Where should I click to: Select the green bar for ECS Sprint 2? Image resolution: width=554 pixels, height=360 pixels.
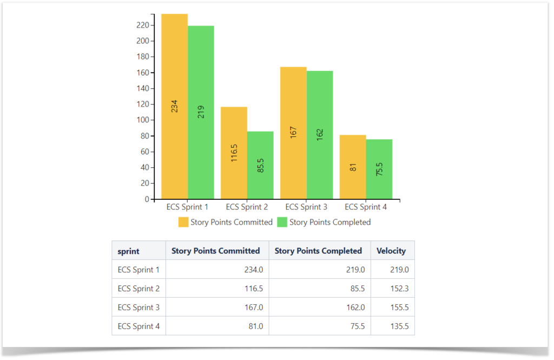click(x=260, y=165)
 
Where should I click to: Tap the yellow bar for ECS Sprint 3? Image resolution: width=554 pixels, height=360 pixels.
click(x=293, y=133)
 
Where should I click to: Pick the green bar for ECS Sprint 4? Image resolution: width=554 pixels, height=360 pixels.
click(x=379, y=169)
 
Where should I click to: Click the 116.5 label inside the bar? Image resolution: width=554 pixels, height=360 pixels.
click(x=234, y=153)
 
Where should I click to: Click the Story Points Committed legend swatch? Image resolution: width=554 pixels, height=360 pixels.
click(x=183, y=222)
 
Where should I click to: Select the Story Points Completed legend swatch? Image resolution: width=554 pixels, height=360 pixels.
click(x=282, y=222)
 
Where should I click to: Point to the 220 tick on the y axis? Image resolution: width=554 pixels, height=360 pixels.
click(x=142, y=25)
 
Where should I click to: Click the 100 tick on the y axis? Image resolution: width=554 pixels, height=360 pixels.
click(x=142, y=120)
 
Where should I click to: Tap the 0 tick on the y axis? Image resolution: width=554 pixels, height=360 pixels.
click(x=146, y=199)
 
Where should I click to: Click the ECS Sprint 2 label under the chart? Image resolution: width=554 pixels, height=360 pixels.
click(x=247, y=207)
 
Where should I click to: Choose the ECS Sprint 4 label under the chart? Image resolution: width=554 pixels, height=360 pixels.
click(x=366, y=207)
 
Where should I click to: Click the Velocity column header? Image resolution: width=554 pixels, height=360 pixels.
click(x=391, y=251)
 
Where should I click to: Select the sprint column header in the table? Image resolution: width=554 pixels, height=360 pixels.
click(x=128, y=251)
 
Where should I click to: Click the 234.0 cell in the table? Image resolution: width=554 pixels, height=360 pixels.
click(x=252, y=270)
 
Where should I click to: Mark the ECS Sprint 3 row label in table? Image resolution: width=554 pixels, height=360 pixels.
click(x=138, y=307)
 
